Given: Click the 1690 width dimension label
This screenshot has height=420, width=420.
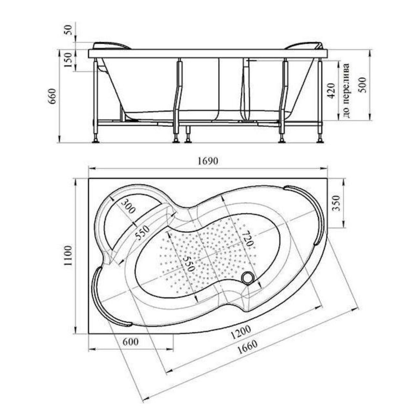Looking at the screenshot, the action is pos(208,161).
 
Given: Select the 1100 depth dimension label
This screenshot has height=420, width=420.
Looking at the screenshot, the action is pos(68,256).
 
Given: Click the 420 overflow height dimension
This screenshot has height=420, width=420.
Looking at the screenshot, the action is pos(332,91).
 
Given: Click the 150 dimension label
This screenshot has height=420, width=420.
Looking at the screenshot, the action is pos(68,60).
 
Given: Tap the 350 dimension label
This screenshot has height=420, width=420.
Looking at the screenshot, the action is pos(336,203).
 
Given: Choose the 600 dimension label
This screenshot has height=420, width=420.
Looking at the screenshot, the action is pos(130,342).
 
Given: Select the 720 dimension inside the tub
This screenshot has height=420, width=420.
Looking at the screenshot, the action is pos(247,238).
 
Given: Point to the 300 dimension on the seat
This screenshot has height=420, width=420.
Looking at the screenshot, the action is pos(129,206).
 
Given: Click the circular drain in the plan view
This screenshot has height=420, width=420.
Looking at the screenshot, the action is pos(248,278).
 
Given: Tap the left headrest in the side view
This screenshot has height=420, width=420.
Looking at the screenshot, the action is pos(112,46).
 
